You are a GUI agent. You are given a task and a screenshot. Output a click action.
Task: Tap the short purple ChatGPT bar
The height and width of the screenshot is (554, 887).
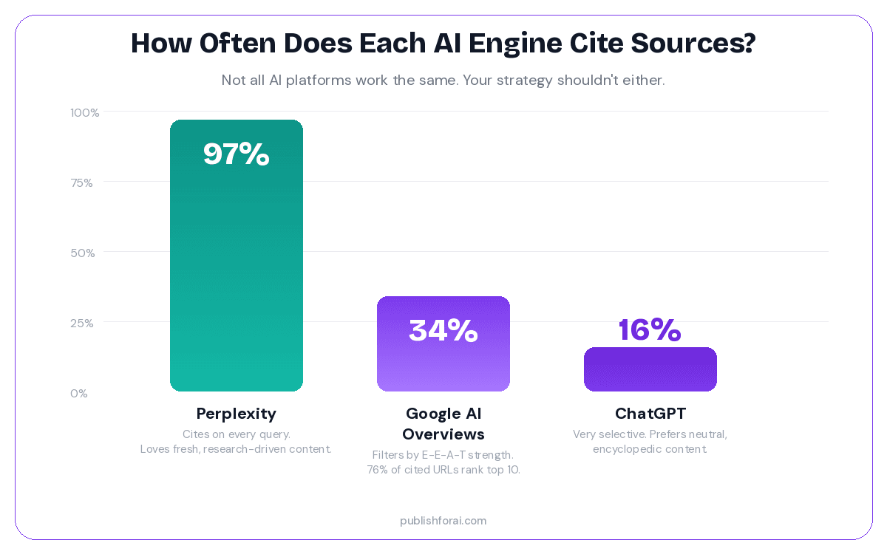(x=650, y=369)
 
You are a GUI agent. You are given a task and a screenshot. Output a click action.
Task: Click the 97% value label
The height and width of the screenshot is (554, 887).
(x=237, y=154)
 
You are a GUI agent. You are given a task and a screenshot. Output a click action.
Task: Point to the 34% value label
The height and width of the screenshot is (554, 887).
(x=443, y=330)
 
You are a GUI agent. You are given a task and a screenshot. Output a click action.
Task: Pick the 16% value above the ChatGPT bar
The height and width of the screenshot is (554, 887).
(x=650, y=329)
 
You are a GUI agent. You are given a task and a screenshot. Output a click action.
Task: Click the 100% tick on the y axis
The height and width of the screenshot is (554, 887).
(x=85, y=113)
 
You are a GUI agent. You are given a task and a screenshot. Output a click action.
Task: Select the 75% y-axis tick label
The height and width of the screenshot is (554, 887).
(x=81, y=183)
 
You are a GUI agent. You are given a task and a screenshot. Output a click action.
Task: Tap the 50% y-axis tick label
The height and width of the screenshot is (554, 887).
(x=83, y=253)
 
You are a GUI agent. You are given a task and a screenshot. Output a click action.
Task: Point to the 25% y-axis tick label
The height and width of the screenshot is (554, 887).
(x=82, y=324)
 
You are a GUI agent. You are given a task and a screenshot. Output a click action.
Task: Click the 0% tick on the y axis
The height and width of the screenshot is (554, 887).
(x=79, y=394)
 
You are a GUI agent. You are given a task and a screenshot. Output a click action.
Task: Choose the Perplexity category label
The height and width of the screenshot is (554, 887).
(x=237, y=414)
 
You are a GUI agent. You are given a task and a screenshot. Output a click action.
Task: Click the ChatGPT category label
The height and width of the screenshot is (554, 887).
(x=650, y=414)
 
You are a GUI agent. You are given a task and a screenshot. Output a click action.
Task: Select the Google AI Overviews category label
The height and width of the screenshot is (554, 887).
(x=443, y=423)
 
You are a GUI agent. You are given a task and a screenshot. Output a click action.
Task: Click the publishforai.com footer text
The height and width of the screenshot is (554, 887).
(x=443, y=521)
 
